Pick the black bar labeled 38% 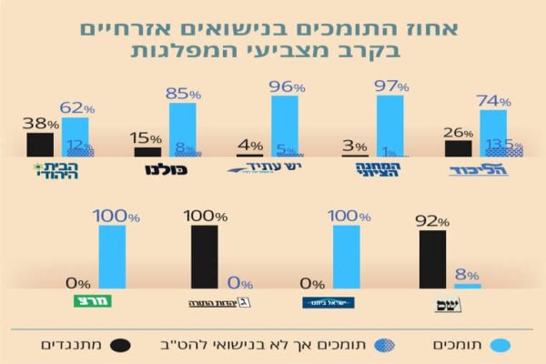coord(40,145)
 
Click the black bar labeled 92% coord(432,259)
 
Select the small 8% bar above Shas coord(467,286)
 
